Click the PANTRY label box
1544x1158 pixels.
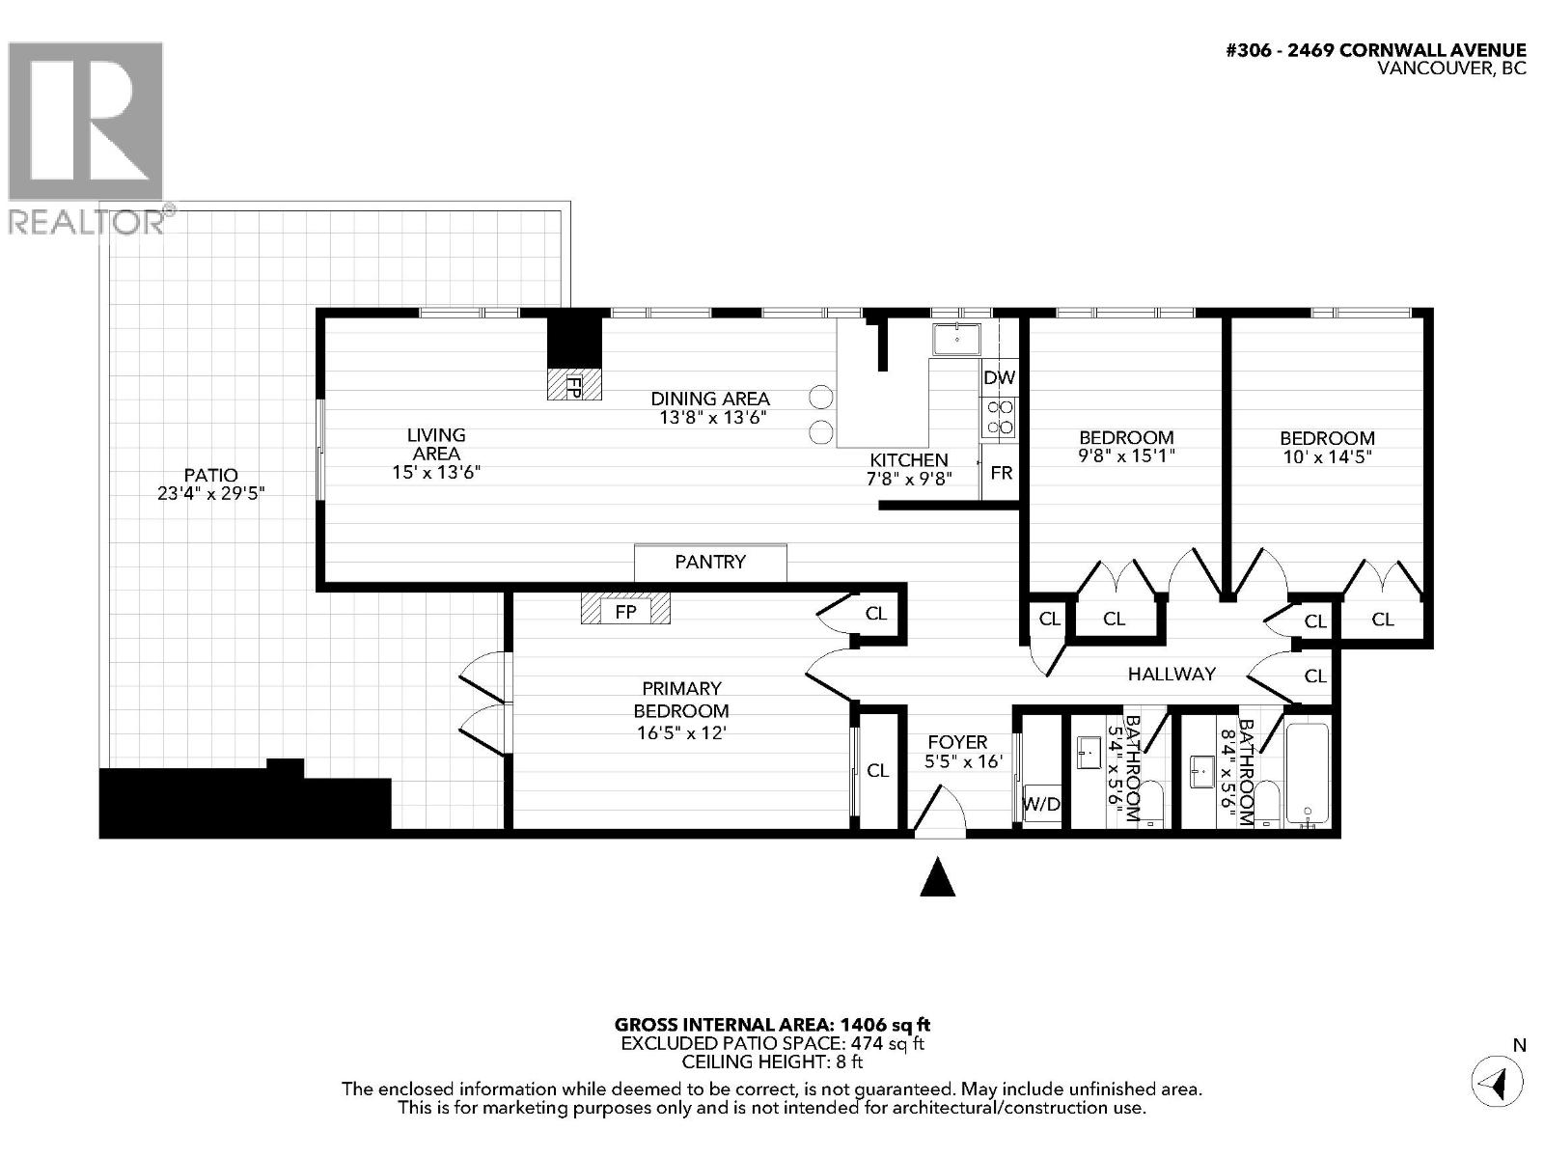[x=710, y=563]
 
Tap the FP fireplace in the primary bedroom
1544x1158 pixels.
[x=625, y=611]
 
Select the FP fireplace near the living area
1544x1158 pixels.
[x=573, y=385]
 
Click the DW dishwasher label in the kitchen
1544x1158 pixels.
[x=999, y=378]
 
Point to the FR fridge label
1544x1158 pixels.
[x=1001, y=473]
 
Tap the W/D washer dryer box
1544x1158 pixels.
[x=1041, y=803]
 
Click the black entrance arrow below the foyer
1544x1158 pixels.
[x=937, y=878]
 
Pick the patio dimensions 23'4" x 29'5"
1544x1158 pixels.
[x=210, y=493]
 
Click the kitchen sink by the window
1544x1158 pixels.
[x=955, y=339]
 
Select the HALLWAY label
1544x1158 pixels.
[x=1172, y=674]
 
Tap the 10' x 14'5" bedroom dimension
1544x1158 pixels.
[x=1326, y=456]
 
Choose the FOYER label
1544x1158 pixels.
[x=957, y=741]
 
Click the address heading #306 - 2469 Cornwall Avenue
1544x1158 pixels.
[x=1375, y=51]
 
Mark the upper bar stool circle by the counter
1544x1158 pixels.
[x=820, y=397]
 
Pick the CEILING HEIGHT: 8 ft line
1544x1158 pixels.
[x=772, y=1061]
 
